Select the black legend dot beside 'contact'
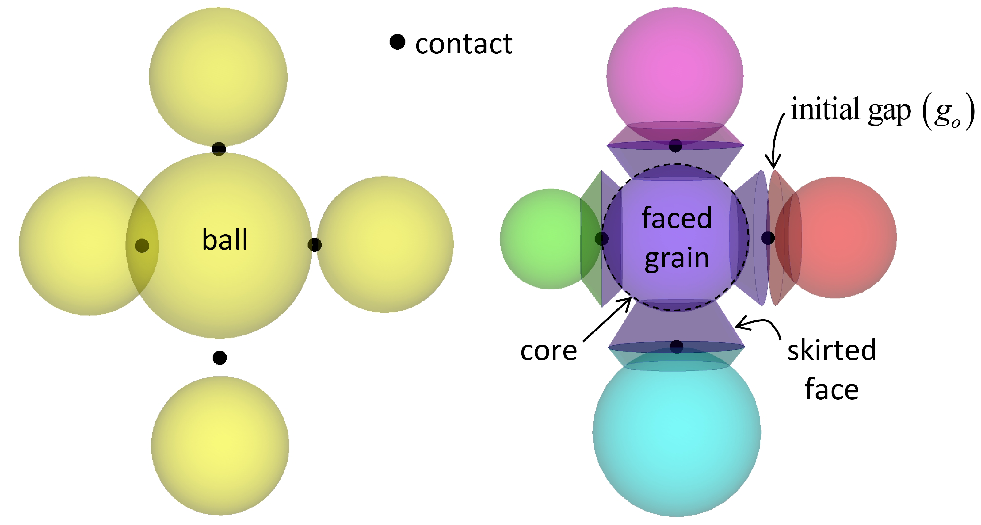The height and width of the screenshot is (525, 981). [397, 42]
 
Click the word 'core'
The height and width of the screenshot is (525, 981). [548, 351]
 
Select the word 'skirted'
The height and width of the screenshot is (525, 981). [832, 350]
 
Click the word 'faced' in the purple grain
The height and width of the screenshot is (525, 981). [677, 218]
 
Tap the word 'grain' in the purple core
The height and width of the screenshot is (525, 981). [677, 258]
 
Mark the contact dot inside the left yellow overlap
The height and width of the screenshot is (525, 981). [142, 246]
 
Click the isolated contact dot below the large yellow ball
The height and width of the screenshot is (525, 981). [220, 358]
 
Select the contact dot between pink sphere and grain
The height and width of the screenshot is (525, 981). [675, 146]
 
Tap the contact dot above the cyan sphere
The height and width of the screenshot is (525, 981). [676, 346]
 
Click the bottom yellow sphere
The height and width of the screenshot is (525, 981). [220, 446]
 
